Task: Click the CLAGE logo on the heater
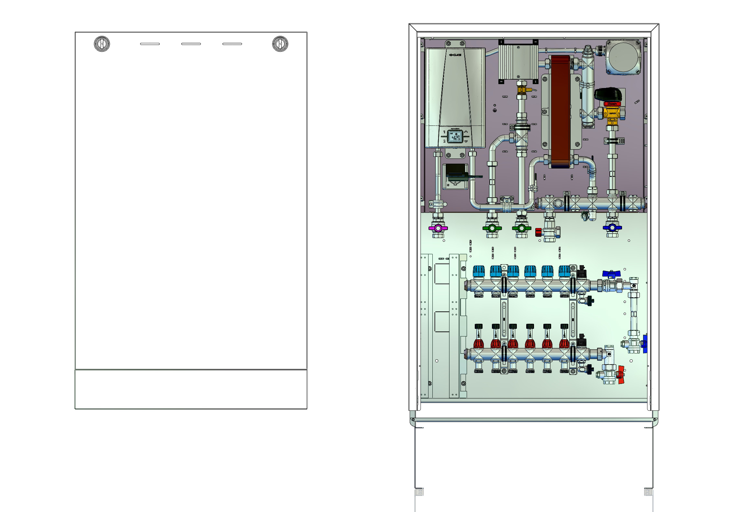click(x=455, y=55)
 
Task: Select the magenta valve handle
click(x=438, y=228)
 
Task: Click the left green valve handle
click(x=492, y=228)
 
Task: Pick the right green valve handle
click(x=521, y=228)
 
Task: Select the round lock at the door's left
click(x=102, y=44)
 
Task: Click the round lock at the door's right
click(x=280, y=44)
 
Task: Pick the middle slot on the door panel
click(x=191, y=44)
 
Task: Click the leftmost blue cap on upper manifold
click(x=479, y=271)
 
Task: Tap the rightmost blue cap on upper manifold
click(x=564, y=271)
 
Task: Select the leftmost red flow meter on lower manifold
click(x=479, y=343)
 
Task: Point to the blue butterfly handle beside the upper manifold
click(x=611, y=274)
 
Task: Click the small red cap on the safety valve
click(x=538, y=232)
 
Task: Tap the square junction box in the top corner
click(x=623, y=57)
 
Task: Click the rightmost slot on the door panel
click(x=232, y=44)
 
